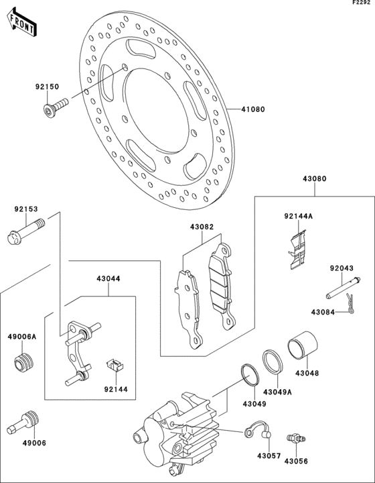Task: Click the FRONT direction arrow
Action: click(21, 22)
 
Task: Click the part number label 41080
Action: click(252, 109)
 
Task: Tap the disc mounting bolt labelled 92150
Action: click(56, 107)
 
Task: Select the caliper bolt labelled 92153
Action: click(25, 231)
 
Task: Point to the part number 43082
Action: click(202, 227)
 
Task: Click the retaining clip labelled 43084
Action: click(350, 303)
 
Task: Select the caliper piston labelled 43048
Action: click(303, 345)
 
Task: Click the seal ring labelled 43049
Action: click(250, 374)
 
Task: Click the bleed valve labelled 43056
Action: click(296, 437)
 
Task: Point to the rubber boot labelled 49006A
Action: click(24, 363)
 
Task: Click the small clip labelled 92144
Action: click(115, 364)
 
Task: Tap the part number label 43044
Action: click(108, 279)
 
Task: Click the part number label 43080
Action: click(315, 178)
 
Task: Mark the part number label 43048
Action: click(307, 374)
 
